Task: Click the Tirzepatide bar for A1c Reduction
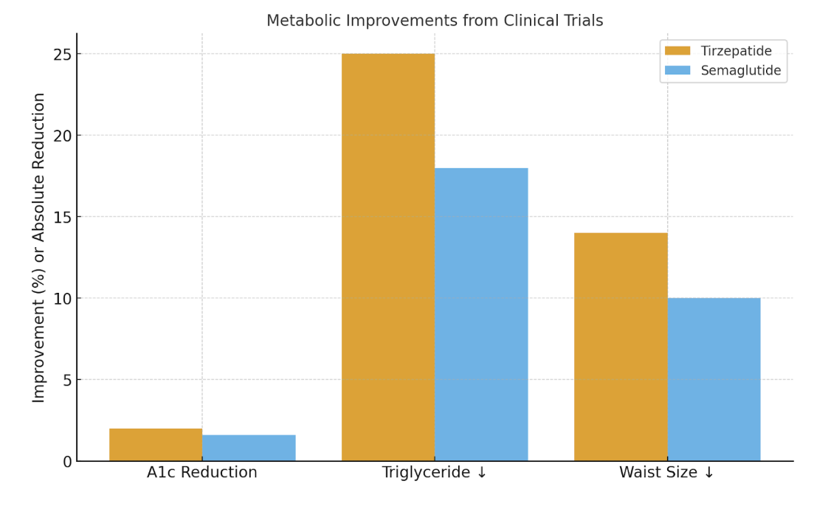click(x=156, y=445)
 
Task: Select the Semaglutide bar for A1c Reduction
click(x=249, y=448)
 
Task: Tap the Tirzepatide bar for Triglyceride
click(x=388, y=257)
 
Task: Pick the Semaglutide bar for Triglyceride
click(x=481, y=314)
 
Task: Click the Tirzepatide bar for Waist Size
click(x=621, y=347)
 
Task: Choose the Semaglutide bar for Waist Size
click(x=714, y=379)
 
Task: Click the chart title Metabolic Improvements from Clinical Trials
click(x=435, y=21)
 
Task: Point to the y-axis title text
click(x=39, y=247)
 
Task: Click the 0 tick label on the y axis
click(x=67, y=462)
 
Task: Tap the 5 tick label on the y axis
click(x=67, y=380)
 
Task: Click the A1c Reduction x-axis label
click(x=202, y=473)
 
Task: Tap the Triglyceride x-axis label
click(x=435, y=473)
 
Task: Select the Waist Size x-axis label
click(x=667, y=473)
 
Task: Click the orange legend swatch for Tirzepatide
click(x=677, y=51)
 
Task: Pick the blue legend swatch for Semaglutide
click(x=677, y=71)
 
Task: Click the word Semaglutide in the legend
click(x=740, y=71)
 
